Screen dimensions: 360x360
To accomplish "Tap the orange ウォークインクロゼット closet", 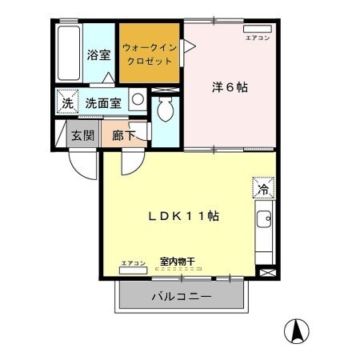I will [x=150, y=54].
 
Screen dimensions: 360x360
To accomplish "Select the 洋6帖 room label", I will [x=230, y=87].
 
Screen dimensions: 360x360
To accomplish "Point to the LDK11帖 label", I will [x=183, y=215].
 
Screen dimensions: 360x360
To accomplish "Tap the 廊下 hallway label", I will [x=123, y=134].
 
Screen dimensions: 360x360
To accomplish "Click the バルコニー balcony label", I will [x=182, y=298].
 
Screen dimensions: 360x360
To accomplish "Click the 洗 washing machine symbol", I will [x=66, y=102].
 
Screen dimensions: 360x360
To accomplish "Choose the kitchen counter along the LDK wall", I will [x=264, y=235].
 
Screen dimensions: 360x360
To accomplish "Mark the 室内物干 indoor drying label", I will [x=177, y=261].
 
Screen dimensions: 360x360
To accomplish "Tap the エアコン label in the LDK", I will [x=133, y=264].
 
